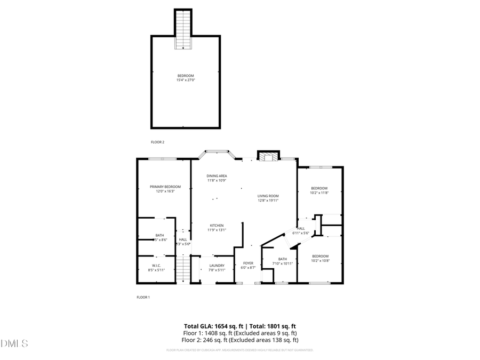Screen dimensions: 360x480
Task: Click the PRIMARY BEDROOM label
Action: (x=165, y=187)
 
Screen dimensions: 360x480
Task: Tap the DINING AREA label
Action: (x=217, y=176)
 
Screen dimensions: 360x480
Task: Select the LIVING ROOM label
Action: (x=268, y=196)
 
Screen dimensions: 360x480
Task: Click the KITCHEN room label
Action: (x=216, y=225)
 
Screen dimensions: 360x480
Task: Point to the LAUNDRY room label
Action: (x=217, y=266)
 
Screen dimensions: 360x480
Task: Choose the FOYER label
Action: (x=248, y=263)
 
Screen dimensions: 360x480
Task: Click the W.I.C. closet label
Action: (x=156, y=266)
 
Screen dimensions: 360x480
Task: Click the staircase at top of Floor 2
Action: (x=183, y=29)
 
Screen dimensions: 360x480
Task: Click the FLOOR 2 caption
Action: (x=157, y=142)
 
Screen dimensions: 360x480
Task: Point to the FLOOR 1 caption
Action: (x=143, y=297)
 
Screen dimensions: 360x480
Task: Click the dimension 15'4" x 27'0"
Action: (x=186, y=80)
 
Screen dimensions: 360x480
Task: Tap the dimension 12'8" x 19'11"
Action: (x=268, y=201)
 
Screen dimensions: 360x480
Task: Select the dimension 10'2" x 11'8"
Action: (x=319, y=193)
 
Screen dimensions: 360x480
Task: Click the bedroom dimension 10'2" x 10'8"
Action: (x=320, y=261)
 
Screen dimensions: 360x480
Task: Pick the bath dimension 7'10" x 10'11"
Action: (x=282, y=263)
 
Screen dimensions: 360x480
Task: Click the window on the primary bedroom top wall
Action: (x=163, y=158)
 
